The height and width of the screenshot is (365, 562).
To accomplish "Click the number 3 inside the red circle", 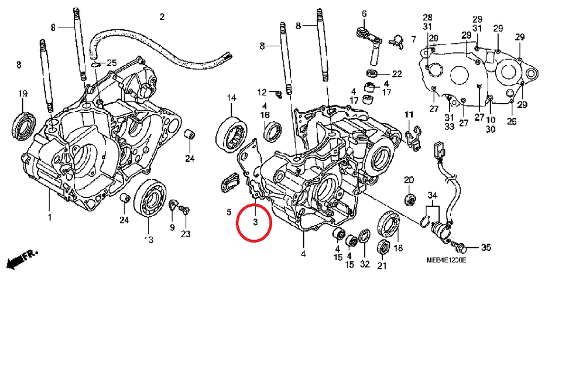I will pyautogui.click(x=255, y=223).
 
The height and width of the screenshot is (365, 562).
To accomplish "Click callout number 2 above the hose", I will pyautogui.click(x=162, y=16).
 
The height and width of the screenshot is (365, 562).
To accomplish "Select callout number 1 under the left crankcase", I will pyautogui.click(x=50, y=217).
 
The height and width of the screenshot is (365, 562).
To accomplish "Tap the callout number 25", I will pyautogui.click(x=111, y=63).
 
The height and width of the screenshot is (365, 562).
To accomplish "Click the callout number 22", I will pyautogui.click(x=397, y=74).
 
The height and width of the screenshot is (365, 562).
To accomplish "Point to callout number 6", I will pyautogui.click(x=364, y=13).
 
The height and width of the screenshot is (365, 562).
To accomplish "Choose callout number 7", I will pyautogui.click(x=413, y=39).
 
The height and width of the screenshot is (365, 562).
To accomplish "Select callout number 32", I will pyautogui.click(x=365, y=264).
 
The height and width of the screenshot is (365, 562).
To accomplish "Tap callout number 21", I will pyautogui.click(x=382, y=265).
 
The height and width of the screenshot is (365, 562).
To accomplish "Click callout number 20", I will pyautogui.click(x=409, y=179).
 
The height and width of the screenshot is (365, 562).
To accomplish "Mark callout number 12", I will pyautogui.click(x=263, y=92).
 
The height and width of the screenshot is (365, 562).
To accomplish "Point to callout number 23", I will pyautogui.click(x=186, y=234).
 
